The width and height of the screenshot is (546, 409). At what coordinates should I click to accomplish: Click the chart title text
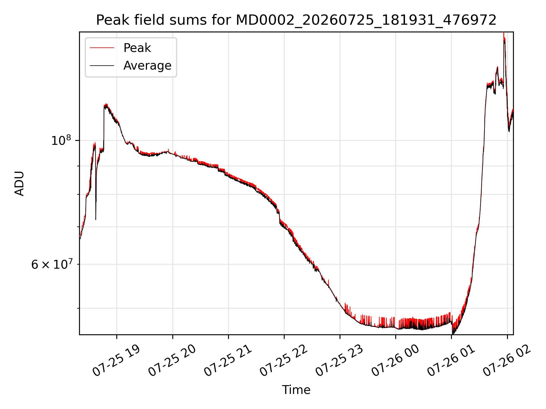tap(296, 20)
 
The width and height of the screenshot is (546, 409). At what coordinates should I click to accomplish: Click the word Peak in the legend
tap(137, 48)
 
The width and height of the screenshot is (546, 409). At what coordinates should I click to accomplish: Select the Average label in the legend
tap(147, 66)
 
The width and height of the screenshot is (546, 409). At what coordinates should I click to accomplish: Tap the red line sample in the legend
tap(102, 48)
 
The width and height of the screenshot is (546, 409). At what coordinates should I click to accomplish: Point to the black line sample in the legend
tap(102, 66)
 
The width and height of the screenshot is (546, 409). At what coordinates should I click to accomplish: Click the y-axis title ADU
tap(19, 183)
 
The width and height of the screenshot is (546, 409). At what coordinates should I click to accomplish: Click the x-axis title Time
tap(296, 390)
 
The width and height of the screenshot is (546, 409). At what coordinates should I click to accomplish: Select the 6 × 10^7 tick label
tap(52, 264)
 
